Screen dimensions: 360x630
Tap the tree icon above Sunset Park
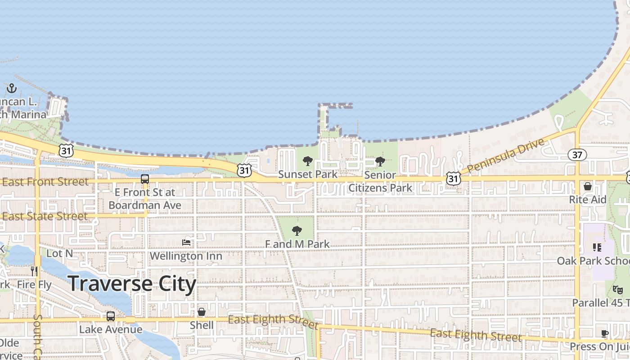[x=308, y=161]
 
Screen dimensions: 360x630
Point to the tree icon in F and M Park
[x=297, y=231]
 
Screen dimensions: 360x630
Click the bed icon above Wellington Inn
[x=186, y=243]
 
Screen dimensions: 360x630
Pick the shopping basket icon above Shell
[x=202, y=312]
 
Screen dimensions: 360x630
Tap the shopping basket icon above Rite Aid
[x=588, y=186]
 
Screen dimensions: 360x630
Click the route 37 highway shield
[x=577, y=155]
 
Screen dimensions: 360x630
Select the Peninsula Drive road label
[x=506, y=156]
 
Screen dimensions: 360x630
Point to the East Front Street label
[x=45, y=182]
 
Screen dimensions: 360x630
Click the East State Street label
[x=45, y=216]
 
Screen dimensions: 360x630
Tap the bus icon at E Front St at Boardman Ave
[x=145, y=179]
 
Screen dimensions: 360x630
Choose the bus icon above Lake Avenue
[x=111, y=316]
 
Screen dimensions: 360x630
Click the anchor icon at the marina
[x=12, y=88]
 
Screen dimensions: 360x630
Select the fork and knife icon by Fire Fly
[x=34, y=271]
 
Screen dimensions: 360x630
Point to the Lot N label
[x=59, y=253]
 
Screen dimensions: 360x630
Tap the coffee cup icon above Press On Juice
[x=605, y=333]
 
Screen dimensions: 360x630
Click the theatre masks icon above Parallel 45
[x=617, y=289]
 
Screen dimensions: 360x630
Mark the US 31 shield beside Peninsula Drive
[x=454, y=179]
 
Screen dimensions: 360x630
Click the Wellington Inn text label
[x=186, y=256]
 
